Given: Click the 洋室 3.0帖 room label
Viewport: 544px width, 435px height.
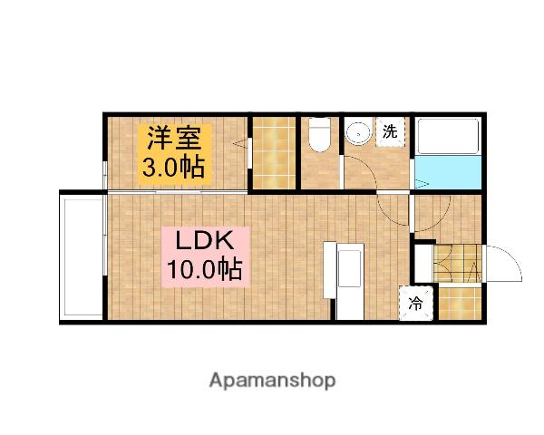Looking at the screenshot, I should click(175, 152).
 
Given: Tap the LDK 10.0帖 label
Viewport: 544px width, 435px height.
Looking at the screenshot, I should click(203, 256).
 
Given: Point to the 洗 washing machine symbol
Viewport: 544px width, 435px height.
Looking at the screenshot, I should click(390, 131).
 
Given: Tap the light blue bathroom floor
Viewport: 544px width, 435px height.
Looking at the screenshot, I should click(448, 172).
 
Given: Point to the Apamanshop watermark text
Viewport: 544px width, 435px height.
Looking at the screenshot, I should click(273, 380).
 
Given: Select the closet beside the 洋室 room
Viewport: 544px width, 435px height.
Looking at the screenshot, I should click(273, 153).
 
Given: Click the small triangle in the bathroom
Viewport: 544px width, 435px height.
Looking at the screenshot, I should click(421, 184).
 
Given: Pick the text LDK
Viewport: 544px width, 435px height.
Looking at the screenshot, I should click(205, 242).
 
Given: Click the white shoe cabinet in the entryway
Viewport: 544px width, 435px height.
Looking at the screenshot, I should click(423, 262).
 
